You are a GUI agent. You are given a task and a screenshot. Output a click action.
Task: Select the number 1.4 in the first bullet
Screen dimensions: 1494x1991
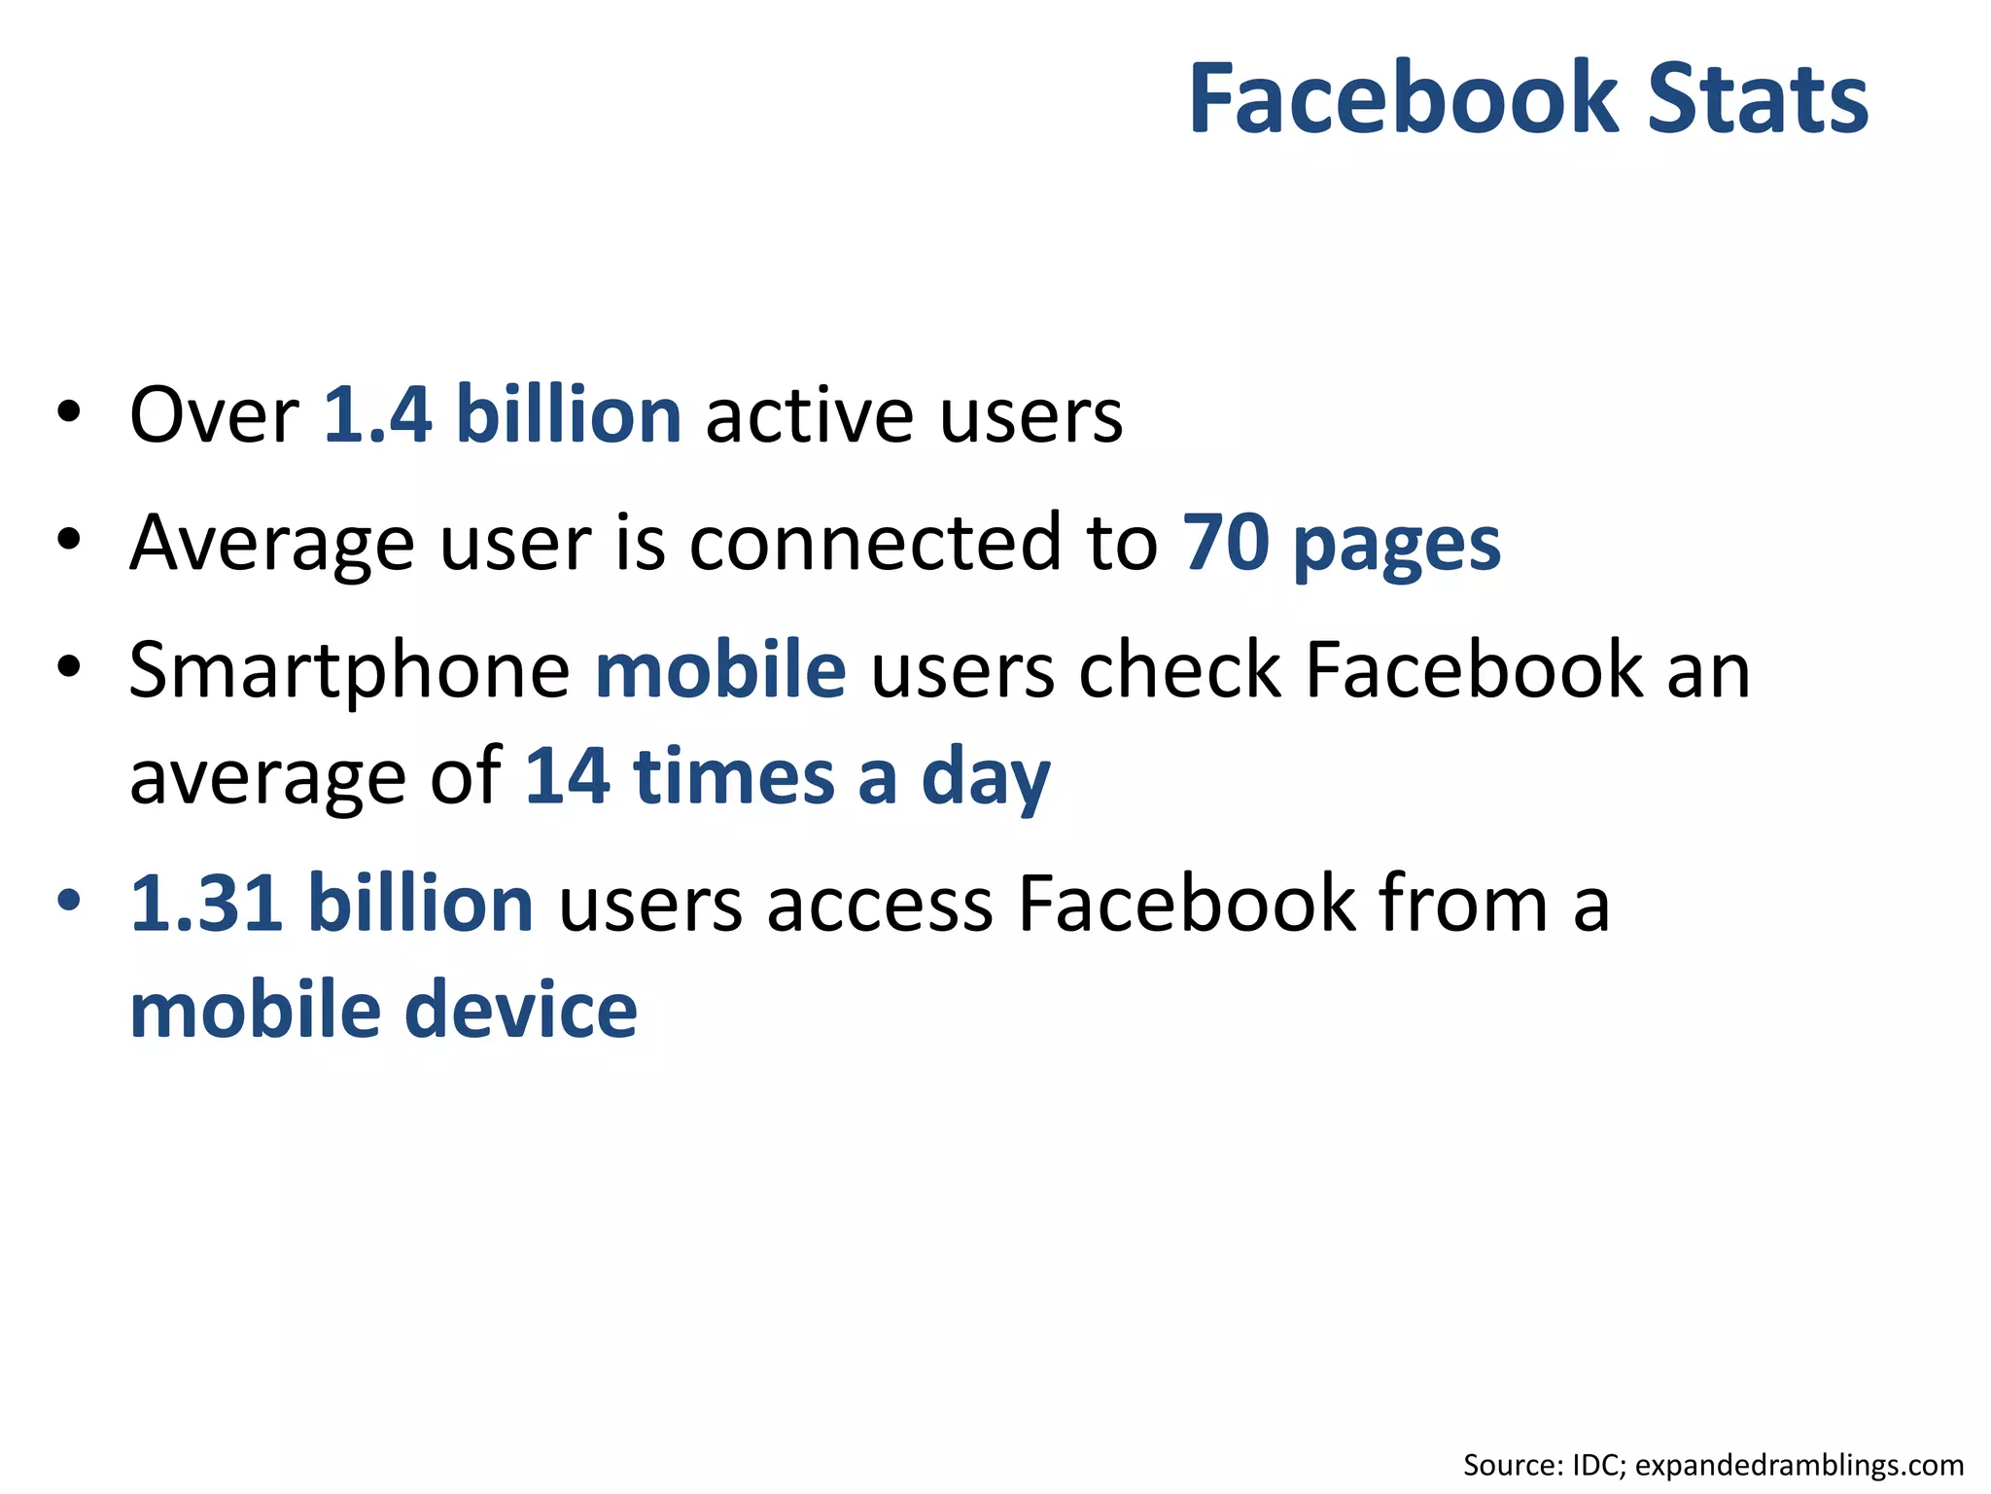click(x=377, y=415)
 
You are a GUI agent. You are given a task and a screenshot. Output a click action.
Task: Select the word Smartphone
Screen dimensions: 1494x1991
click(x=349, y=671)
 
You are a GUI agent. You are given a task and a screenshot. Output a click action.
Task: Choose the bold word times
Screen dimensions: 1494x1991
click(x=734, y=777)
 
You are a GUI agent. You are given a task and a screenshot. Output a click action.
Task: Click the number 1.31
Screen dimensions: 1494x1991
click(x=207, y=905)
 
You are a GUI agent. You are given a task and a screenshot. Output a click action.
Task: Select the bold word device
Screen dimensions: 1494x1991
click(x=520, y=1011)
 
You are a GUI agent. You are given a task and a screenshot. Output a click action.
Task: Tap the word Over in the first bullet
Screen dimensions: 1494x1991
click(x=214, y=415)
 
